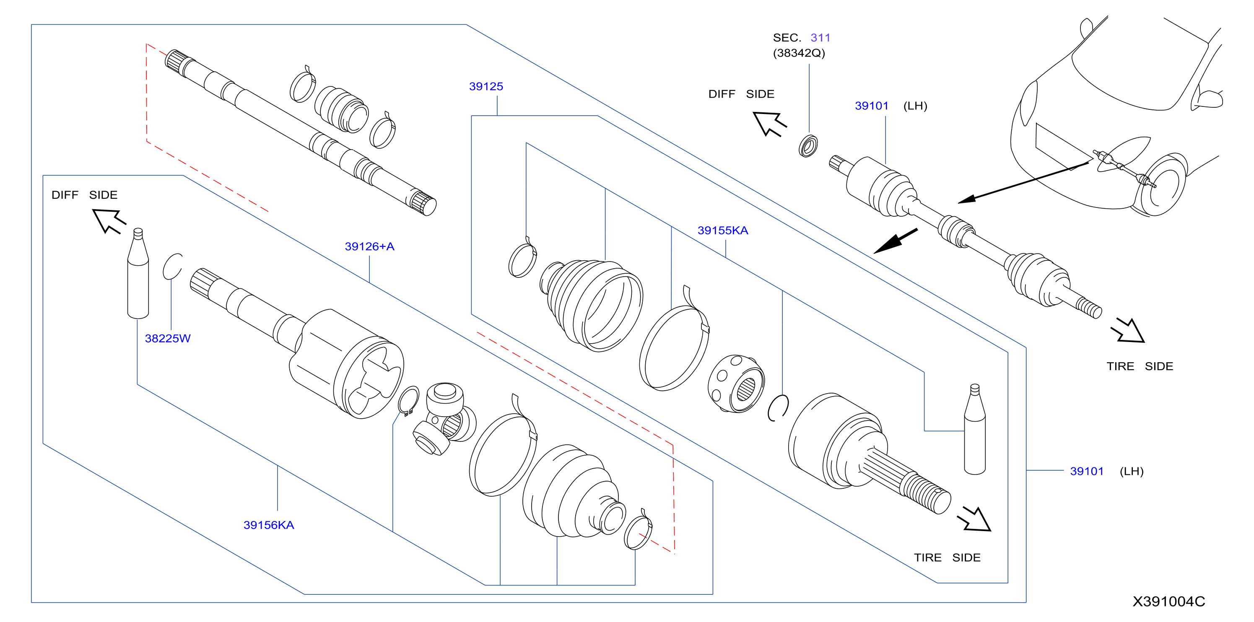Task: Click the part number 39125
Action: pyautogui.click(x=486, y=87)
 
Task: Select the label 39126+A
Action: pyautogui.click(x=369, y=247)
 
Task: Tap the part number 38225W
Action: pyautogui.click(x=167, y=338)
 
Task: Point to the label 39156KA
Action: pyautogui.click(x=269, y=525)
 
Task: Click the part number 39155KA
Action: pyautogui.click(x=723, y=231)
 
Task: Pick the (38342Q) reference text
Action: pyautogui.click(x=799, y=53)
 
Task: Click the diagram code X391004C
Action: pyautogui.click(x=1168, y=601)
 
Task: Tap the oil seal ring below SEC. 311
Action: pyautogui.click(x=808, y=146)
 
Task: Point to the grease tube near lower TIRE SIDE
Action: pyautogui.click(x=975, y=429)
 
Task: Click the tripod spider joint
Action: pyautogui.click(x=444, y=419)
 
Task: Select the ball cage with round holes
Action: pyautogui.click(x=736, y=384)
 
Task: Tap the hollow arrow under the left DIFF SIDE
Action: pyautogui.click(x=109, y=220)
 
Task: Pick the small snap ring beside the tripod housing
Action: pyautogui.click(x=408, y=400)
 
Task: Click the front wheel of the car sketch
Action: pyautogui.click(x=1161, y=185)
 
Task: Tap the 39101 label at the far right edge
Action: pyautogui.click(x=1087, y=471)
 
